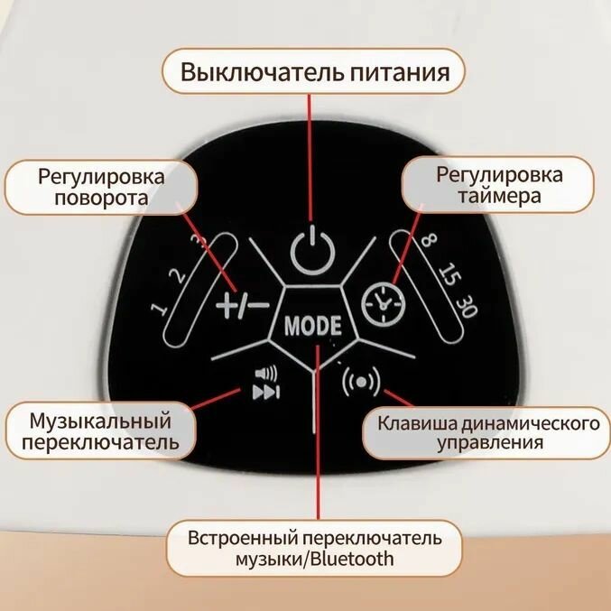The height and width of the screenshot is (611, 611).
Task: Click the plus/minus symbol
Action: point(242,306)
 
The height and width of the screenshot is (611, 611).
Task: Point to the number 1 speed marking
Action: point(161,310)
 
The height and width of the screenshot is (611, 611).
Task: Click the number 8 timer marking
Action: point(428,242)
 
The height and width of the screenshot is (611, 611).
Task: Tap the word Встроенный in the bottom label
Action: point(237,538)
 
